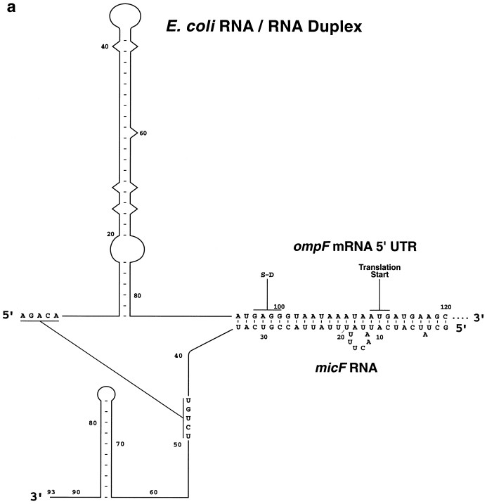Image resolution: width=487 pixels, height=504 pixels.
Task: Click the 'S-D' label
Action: pos(268,276)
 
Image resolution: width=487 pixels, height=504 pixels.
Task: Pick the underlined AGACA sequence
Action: pos(40,317)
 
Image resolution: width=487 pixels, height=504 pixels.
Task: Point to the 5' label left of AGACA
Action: pos(10,317)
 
